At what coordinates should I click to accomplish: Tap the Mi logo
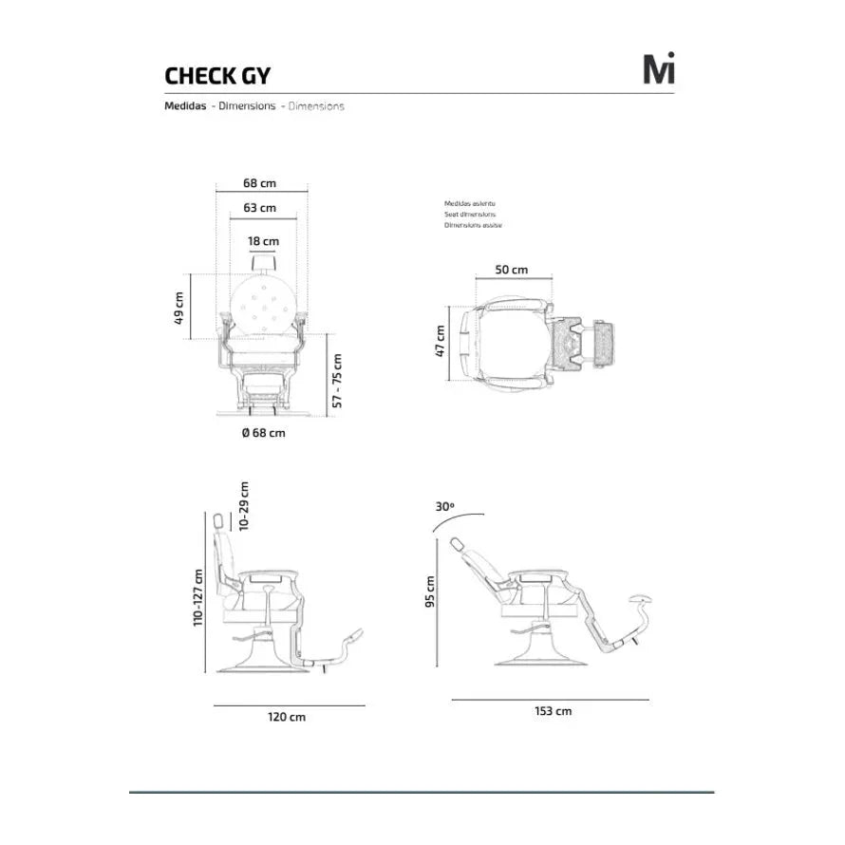(x=658, y=69)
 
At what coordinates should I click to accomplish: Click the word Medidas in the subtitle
(x=185, y=106)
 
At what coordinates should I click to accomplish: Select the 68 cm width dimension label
(x=259, y=183)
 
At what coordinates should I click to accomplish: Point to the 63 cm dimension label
(x=259, y=208)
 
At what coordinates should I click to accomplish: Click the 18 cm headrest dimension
(x=264, y=242)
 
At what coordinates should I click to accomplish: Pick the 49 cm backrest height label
(x=179, y=307)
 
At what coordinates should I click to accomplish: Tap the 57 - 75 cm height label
(x=338, y=380)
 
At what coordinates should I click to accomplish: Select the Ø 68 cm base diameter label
(x=262, y=433)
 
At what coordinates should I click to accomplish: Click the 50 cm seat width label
(x=512, y=270)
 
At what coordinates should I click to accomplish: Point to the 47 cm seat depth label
(x=440, y=341)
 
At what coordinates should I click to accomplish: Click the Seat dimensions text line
(x=470, y=215)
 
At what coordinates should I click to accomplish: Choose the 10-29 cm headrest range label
(x=244, y=504)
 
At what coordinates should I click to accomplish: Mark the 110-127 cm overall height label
(x=198, y=597)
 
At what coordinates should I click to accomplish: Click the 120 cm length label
(x=289, y=718)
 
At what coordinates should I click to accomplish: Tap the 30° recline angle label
(x=445, y=507)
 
